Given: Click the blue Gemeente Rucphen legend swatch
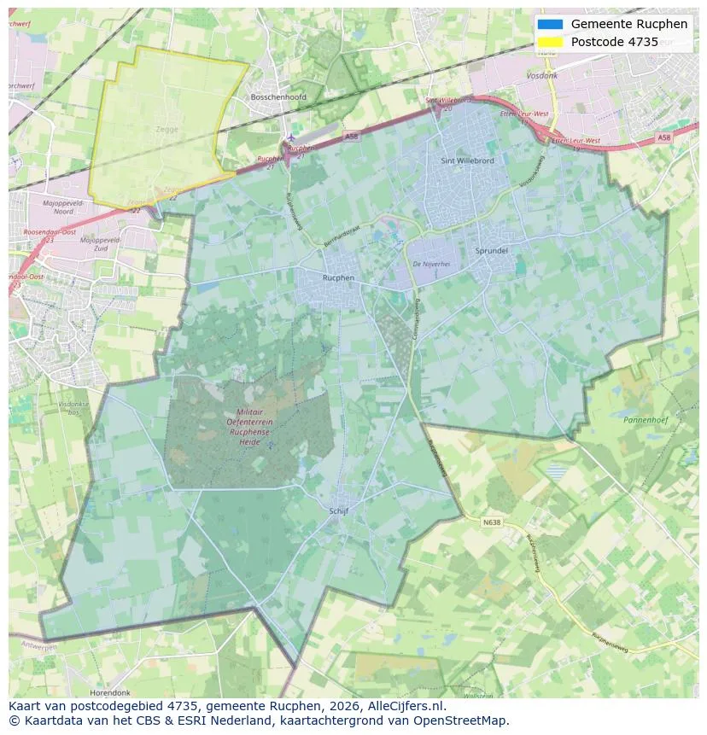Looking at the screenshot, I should click(551, 25).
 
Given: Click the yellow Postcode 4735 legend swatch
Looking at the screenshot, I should click(551, 42).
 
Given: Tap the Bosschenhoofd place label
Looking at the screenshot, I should click(278, 97).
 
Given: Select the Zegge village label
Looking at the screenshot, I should click(167, 130).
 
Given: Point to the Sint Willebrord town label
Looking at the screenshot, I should click(467, 160).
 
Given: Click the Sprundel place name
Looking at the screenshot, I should click(492, 251).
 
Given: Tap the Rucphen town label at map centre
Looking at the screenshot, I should click(338, 278).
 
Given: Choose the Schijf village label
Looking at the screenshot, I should click(338, 510).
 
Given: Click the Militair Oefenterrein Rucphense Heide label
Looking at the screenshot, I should click(249, 423).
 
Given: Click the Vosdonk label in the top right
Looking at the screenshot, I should click(542, 75).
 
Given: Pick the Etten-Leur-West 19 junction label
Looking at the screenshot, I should click(575, 141).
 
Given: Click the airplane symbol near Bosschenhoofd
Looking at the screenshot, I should click(291, 136).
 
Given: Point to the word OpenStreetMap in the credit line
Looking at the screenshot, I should click(466, 720).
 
